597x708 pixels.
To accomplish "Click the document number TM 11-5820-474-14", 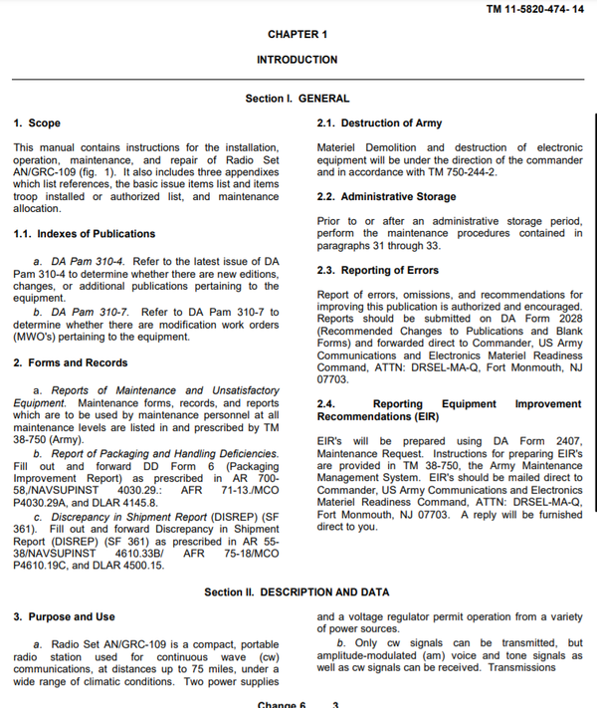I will click(535, 10).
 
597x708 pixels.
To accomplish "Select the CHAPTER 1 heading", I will click(298, 35).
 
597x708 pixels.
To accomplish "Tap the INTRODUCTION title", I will click(298, 60).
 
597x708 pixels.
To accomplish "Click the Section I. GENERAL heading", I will click(298, 99).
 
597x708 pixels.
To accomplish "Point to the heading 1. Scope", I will click(37, 123).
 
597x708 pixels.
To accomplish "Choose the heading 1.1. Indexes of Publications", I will click(84, 234).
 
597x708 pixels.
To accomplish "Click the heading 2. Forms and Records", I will click(71, 363).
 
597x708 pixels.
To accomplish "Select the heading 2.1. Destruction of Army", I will click(379, 123).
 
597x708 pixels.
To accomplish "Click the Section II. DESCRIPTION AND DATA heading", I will click(297, 592).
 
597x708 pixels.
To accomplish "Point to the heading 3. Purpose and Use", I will click(65, 617).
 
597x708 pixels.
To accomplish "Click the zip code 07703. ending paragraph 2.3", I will click(332, 379).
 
